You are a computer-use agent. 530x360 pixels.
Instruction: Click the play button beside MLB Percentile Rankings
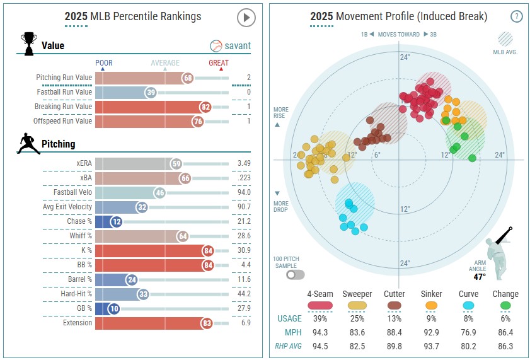pos(246,18)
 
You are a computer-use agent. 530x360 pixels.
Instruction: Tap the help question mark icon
pos(516,17)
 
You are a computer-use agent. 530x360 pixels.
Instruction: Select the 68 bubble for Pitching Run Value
pos(188,78)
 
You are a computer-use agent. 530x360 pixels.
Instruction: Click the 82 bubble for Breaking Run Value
pos(205,107)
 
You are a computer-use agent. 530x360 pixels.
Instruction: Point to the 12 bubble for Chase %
pos(117,222)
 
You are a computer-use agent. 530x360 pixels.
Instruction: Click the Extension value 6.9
pos(245,323)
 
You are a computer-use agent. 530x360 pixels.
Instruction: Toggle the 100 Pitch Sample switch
pos(295,274)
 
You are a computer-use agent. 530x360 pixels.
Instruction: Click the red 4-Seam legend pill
pos(320,305)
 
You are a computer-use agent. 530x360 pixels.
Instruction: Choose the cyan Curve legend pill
pos(468,305)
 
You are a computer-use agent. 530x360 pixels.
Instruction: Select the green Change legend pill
pos(505,305)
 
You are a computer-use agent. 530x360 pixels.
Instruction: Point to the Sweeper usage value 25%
pos(357,318)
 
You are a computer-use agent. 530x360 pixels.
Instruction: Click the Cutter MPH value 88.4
pos(395,332)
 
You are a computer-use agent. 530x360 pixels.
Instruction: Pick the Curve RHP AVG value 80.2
pos(468,346)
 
